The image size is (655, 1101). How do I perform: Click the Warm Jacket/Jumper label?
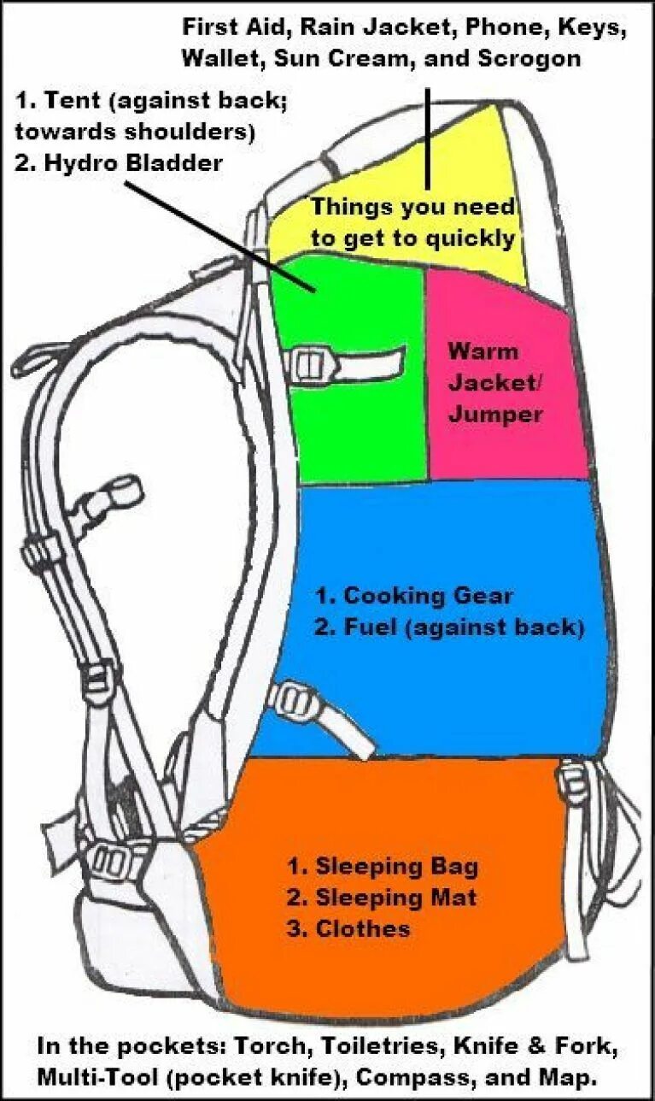point(495,382)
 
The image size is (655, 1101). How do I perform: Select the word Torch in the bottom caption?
point(265,1045)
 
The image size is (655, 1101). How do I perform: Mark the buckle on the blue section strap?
point(289,701)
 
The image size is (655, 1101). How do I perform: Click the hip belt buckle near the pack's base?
point(109,859)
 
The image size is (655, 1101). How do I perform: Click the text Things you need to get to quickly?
point(412,222)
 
